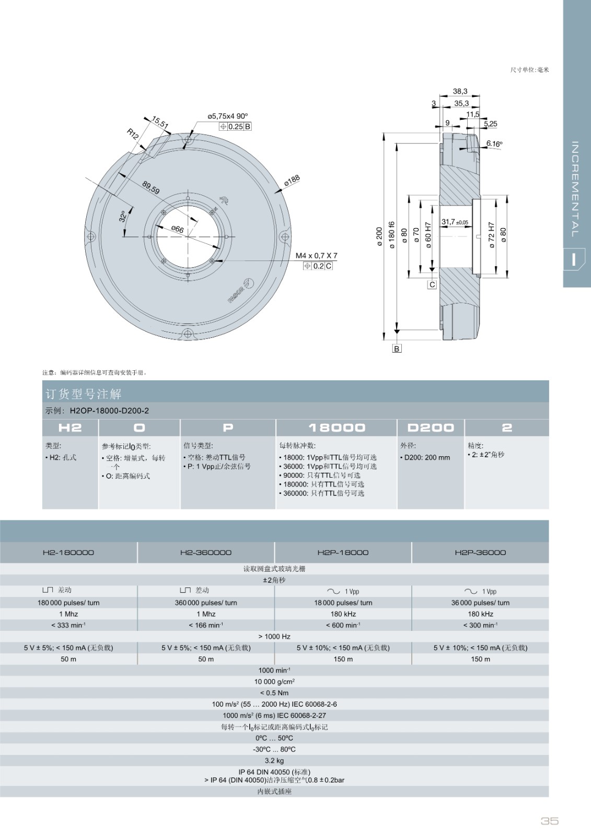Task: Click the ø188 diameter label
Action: [292, 181]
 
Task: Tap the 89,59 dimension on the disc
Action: [151, 188]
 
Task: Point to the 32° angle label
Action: [123, 217]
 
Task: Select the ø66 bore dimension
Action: [177, 229]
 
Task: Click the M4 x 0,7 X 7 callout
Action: [316, 256]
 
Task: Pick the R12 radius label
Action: [133, 134]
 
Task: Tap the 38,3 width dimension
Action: [460, 91]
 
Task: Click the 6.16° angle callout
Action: [494, 143]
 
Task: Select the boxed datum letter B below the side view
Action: [397, 348]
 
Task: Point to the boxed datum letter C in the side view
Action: [432, 285]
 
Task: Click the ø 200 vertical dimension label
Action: [379, 236]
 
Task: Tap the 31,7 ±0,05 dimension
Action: [455, 222]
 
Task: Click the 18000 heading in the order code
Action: [337, 427]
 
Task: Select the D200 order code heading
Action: [431, 427]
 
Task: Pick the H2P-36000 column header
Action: [480, 552]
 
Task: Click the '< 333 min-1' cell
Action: [68, 625]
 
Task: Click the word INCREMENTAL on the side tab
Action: [575, 189]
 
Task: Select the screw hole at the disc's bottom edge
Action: [188, 333]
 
